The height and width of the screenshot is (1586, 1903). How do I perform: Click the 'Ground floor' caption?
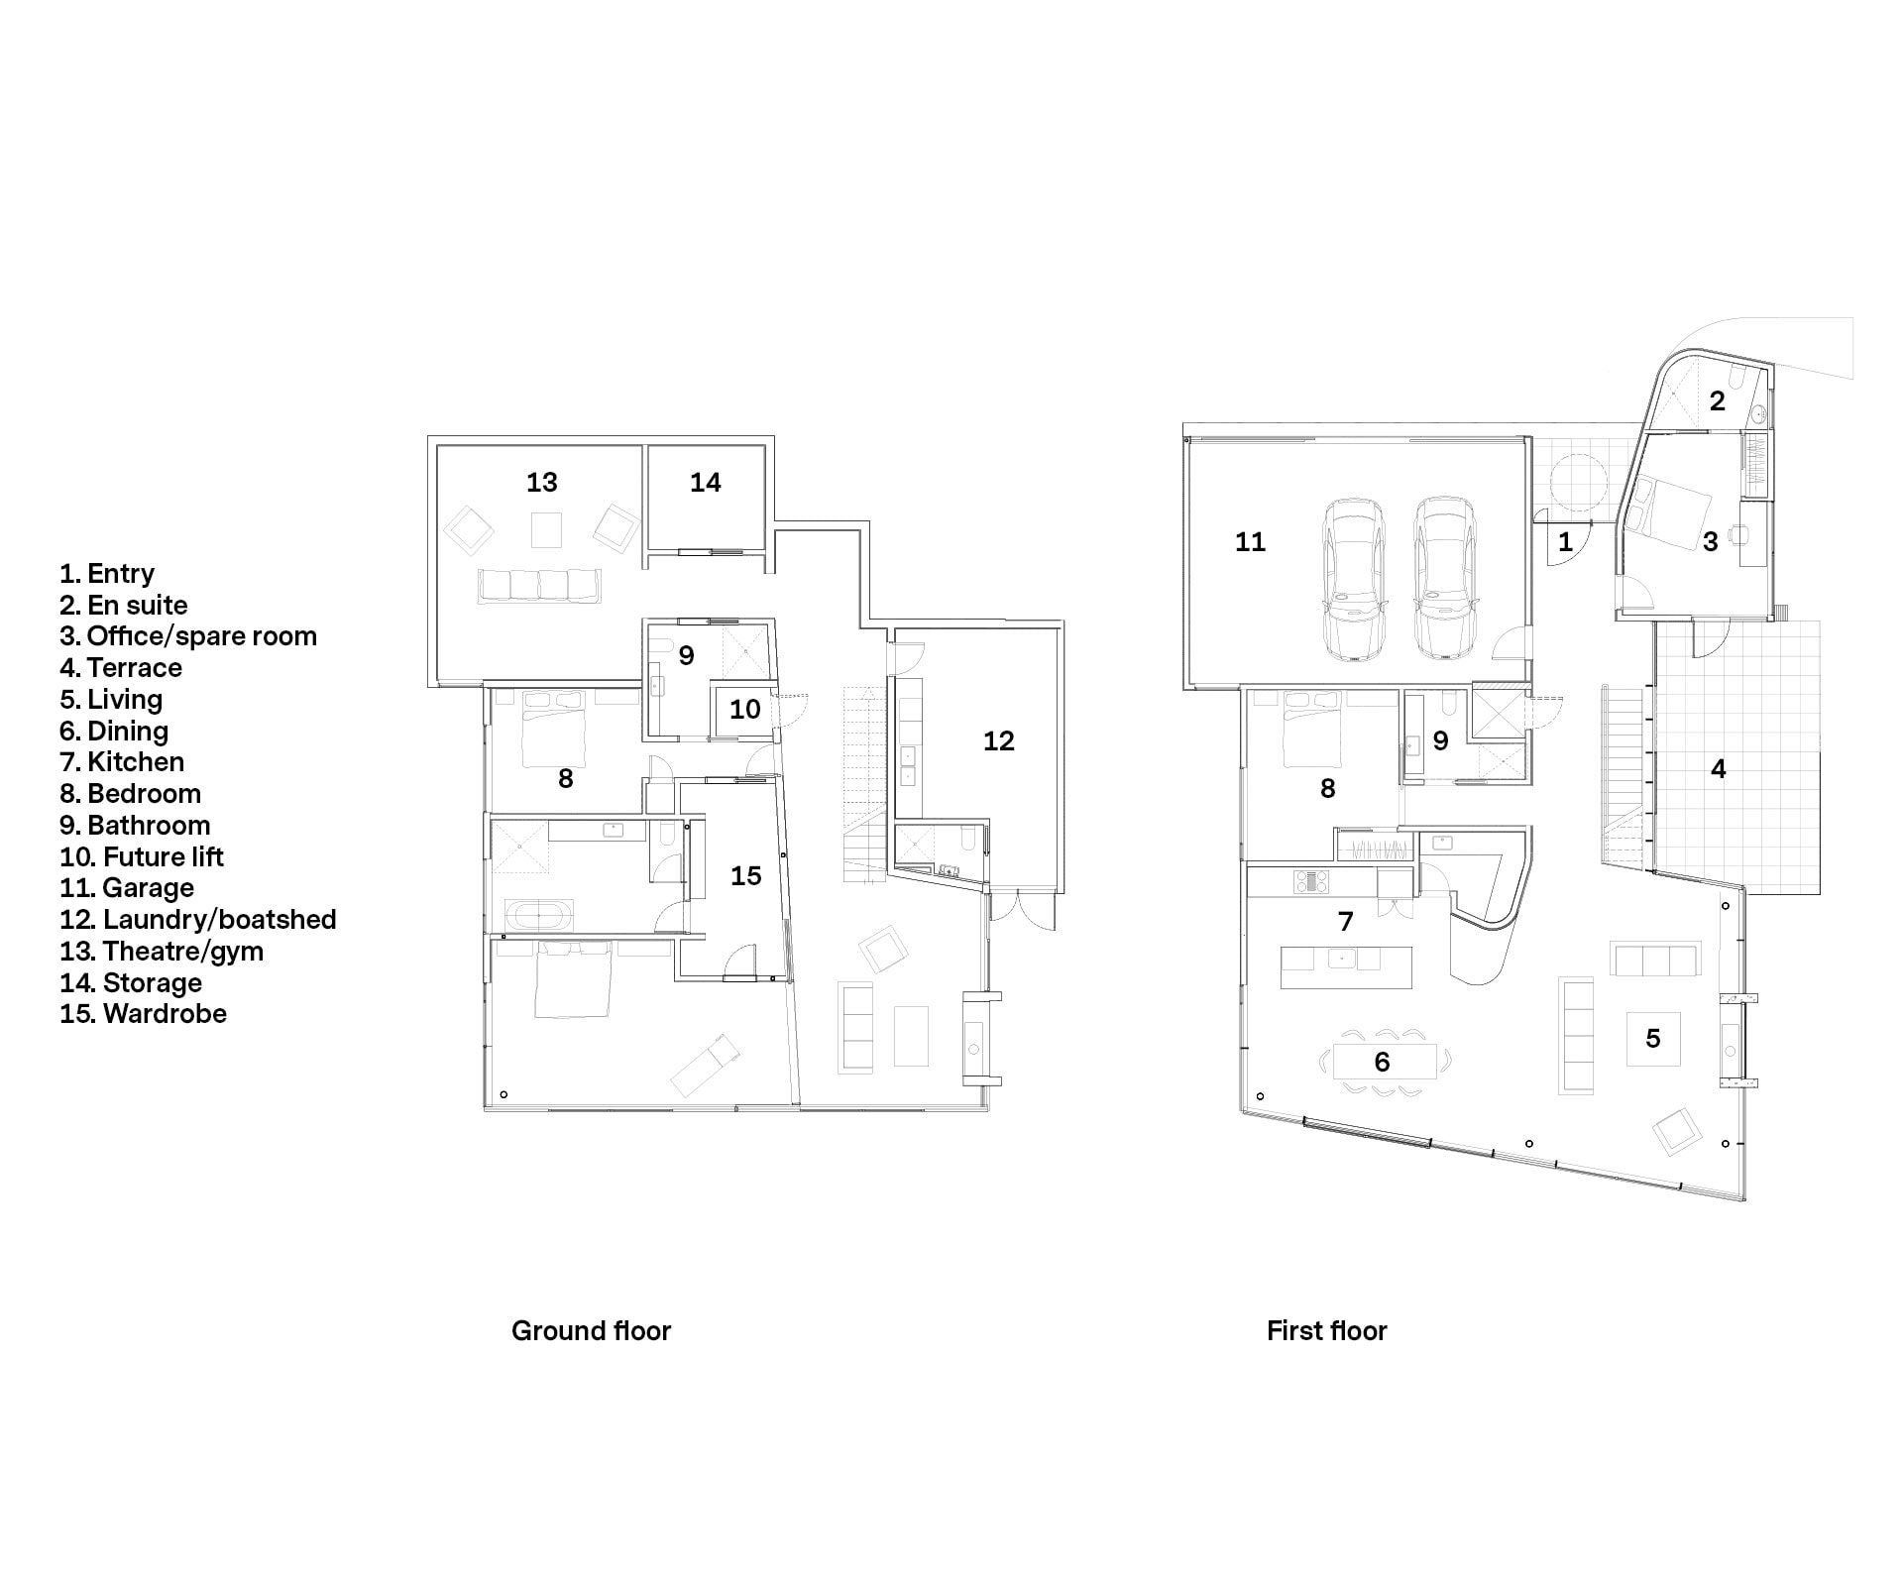[591, 1330]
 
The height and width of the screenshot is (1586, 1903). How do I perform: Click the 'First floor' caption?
[1326, 1330]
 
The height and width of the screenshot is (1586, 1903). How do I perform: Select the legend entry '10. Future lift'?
[142, 856]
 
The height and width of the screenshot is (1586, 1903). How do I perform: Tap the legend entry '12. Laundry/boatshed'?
[198, 920]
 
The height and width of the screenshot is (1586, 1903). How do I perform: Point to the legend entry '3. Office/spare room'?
[188, 636]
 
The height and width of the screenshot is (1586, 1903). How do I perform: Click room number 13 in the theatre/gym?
[542, 483]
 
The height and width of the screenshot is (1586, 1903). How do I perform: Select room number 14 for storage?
[706, 483]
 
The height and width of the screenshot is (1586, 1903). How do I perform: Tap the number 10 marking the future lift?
[745, 710]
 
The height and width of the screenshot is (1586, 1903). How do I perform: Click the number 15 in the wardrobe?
[746, 876]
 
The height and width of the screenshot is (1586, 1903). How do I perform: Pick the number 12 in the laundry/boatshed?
[999, 741]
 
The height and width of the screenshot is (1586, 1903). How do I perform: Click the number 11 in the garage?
[1251, 542]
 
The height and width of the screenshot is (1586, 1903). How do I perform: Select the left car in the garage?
[1354, 579]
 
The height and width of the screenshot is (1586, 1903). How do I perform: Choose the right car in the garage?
[1444, 579]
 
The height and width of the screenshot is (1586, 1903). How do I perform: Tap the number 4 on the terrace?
[1719, 769]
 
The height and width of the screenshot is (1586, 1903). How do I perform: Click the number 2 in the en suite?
[1718, 401]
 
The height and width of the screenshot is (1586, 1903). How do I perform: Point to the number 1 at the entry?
[1566, 542]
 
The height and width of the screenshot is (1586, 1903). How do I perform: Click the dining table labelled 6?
[1384, 1063]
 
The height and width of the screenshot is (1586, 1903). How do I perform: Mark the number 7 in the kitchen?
[1346, 922]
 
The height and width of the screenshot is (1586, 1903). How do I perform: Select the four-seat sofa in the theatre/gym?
[540, 586]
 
